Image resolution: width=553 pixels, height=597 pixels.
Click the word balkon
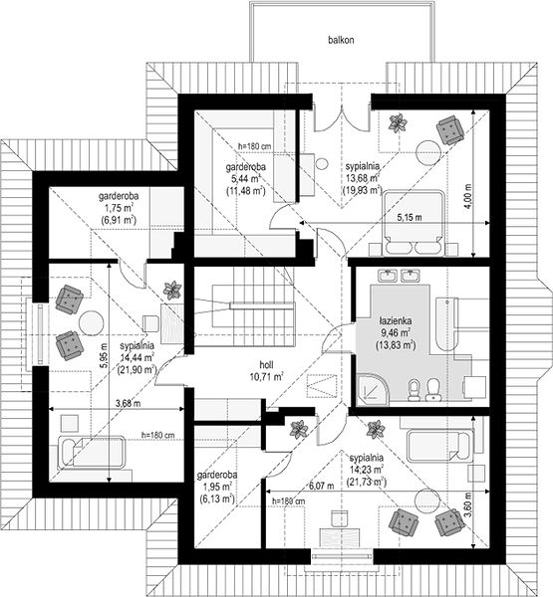coord(341,40)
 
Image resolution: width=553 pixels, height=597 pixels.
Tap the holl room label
coord(266,365)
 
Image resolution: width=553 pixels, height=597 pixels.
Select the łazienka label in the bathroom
coord(396,320)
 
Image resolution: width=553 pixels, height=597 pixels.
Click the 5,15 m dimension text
coord(410,218)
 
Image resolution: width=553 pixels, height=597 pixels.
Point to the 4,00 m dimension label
coord(468,196)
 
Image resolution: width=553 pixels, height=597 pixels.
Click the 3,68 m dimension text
coord(128,403)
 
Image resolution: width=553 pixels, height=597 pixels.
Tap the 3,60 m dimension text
coord(468,503)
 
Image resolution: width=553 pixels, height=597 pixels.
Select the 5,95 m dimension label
coord(103,355)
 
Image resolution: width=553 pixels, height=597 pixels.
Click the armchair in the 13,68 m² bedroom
coord(450,129)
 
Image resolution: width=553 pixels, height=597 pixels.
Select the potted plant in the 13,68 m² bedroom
coord(399,123)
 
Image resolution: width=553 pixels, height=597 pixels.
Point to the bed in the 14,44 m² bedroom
coord(91,453)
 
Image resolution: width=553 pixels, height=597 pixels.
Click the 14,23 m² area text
coord(367,469)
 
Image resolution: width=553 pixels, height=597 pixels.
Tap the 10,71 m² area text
coord(266,377)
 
